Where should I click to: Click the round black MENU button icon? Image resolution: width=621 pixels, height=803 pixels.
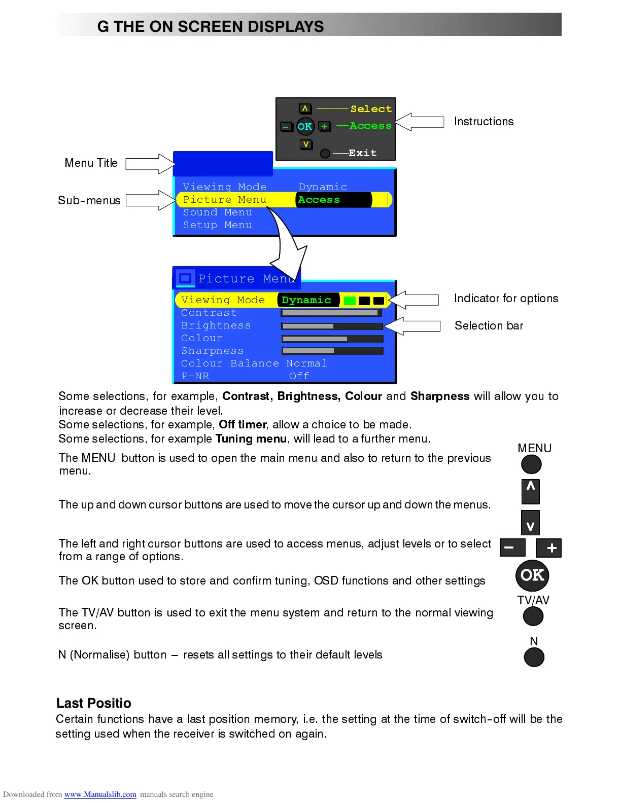tap(531, 464)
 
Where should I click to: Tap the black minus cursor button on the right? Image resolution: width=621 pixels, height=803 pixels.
tap(512, 547)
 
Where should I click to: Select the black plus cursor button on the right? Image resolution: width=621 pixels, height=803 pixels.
tap(549, 547)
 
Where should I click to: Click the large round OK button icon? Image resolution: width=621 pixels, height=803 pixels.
tap(532, 575)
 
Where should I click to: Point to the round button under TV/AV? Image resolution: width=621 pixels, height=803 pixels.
tap(533, 616)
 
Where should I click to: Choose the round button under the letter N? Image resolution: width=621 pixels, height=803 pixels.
tap(534, 658)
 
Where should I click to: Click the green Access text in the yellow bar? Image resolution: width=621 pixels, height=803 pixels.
tap(319, 200)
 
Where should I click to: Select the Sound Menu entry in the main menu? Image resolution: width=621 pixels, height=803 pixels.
tap(217, 212)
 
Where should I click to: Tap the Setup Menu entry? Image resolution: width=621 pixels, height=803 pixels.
tap(217, 225)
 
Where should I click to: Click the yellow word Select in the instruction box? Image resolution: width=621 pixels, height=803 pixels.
tap(371, 109)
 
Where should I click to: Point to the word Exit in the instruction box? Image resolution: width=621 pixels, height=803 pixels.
tap(362, 153)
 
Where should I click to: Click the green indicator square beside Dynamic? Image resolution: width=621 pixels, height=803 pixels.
tap(350, 301)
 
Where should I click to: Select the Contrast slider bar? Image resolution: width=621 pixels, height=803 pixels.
tap(331, 313)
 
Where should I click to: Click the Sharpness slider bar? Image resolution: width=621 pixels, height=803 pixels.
tap(332, 351)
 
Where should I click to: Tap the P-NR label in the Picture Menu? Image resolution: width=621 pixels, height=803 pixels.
tap(195, 376)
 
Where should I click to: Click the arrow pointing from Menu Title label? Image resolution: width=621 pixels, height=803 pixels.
tap(150, 164)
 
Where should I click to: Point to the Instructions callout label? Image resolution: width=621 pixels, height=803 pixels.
tap(484, 122)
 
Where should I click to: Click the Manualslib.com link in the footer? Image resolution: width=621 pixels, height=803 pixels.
tap(100, 794)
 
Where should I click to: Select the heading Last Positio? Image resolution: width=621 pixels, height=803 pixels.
tap(94, 703)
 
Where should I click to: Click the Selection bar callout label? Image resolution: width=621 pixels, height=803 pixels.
tap(489, 325)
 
